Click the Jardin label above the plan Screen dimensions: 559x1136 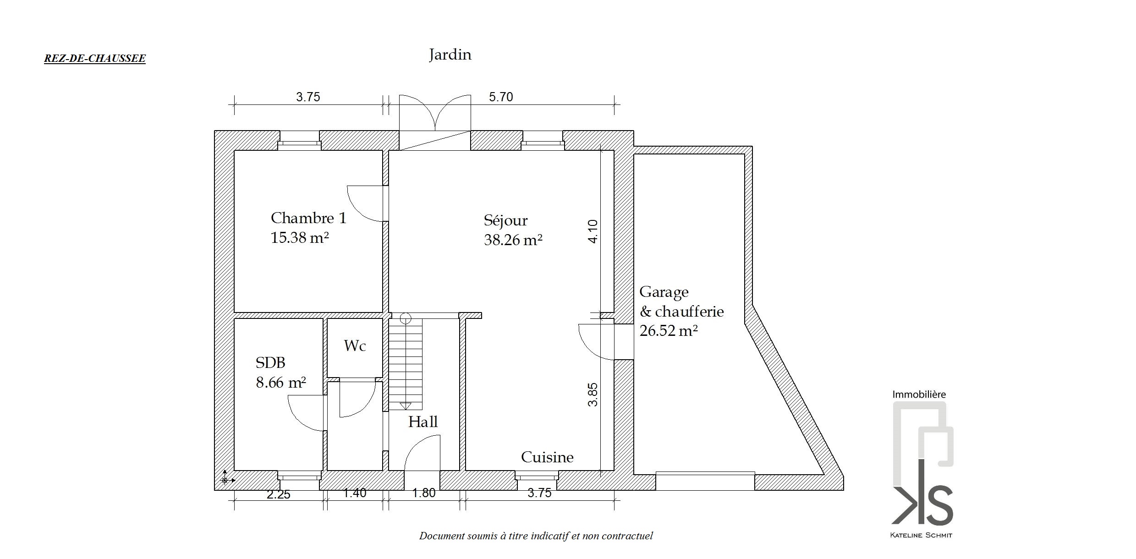pyautogui.click(x=450, y=55)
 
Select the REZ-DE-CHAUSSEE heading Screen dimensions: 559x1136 pyautogui.click(x=95, y=59)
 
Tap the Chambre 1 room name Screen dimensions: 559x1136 pyautogui.click(x=308, y=218)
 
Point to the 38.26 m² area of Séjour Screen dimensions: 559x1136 pyautogui.click(x=513, y=240)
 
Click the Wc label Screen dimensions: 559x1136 pyautogui.click(x=355, y=345)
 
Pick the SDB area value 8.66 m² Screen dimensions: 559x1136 pyautogui.click(x=281, y=382)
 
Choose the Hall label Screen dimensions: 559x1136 pyautogui.click(x=423, y=422)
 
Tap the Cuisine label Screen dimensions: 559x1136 pyautogui.click(x=547, y=457)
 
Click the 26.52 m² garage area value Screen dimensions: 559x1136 pyautogui.click(x=669, y=330)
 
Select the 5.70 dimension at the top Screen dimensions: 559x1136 pyautogui.click(x=501, y=97)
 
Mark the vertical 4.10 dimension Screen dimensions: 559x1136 pyautogui.click(x=593, y=231)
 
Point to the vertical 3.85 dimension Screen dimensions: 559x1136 pyautogui.click(x=593, y=395)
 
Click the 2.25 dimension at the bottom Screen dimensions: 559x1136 pyautogui.click(x=279, y=494)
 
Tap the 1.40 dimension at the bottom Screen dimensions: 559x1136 pyautogui.click(x=355, y=493)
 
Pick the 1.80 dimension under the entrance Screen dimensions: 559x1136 pyautogui.click(x=424, y=493)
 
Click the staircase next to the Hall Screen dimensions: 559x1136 pyautogui.click(x=406, y=362)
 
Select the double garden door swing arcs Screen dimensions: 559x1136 pyautogui.click(x=435, y=112)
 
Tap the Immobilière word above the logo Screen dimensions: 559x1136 pyautogui.click(x=919, y=395)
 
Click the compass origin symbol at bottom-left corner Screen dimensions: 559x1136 pyautogui.click(x=225, y=480)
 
